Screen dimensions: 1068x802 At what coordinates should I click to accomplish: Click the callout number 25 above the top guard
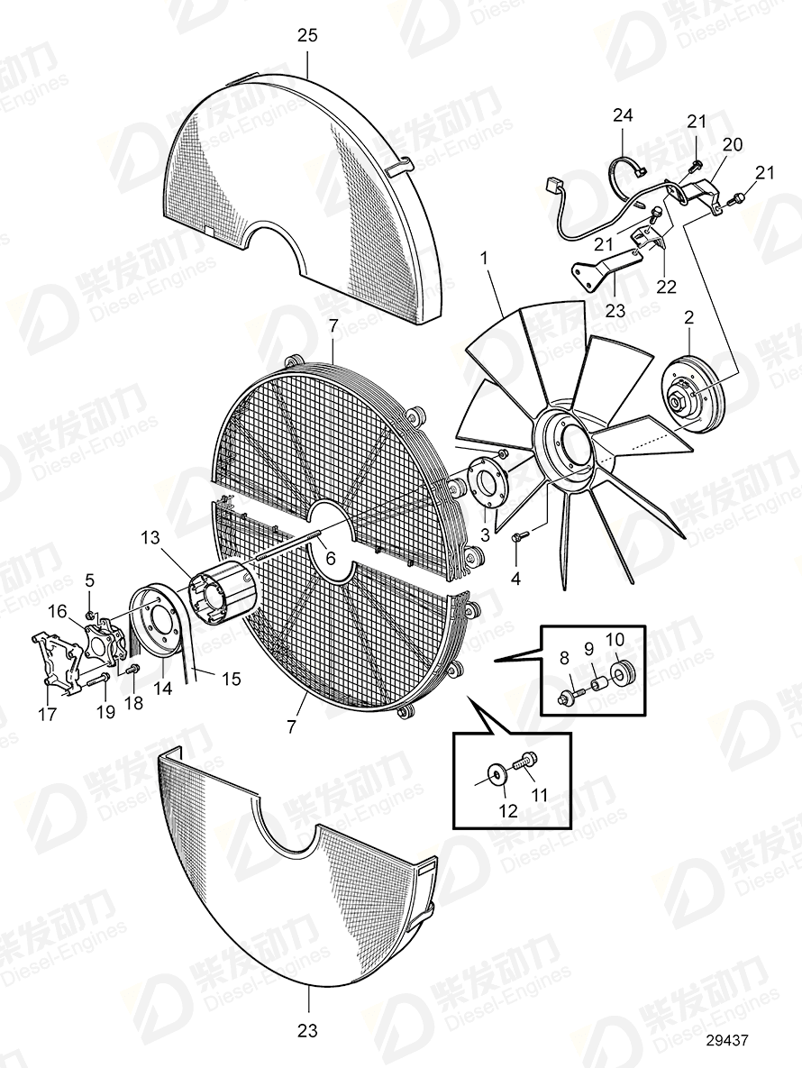(307, 36)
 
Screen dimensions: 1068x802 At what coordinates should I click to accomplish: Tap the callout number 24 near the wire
(624, 115)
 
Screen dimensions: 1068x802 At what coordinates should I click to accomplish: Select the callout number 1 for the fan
(484, 258)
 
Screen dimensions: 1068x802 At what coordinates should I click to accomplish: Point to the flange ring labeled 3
(490, 487)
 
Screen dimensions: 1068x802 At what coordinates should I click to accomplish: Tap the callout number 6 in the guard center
(330, 558)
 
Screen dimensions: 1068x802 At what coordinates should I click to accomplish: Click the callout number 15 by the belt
(232, 678)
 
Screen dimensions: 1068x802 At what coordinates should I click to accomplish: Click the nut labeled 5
(91, 615)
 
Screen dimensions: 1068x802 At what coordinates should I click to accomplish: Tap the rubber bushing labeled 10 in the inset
(619, 674)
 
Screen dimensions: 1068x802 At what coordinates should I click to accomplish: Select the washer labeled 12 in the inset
(497, 774)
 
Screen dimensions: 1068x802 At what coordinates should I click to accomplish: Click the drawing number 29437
(727, 1040)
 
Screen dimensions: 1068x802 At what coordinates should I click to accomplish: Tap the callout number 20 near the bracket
(732, 144)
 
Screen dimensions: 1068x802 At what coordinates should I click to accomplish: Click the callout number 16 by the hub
(58, 611)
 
